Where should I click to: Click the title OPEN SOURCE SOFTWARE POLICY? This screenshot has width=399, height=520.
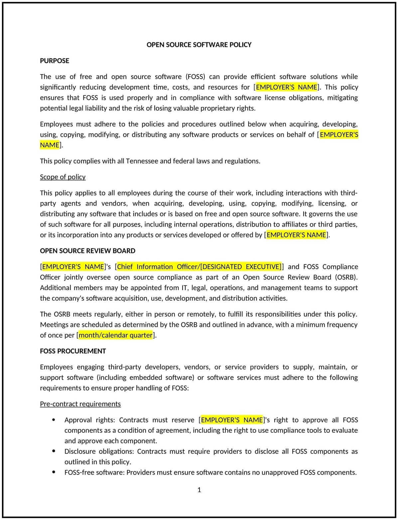click(x=199, y=45)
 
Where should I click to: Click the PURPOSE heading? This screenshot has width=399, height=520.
click(x=55, y=61)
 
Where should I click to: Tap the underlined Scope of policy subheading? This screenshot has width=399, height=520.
click(x=63, y=177)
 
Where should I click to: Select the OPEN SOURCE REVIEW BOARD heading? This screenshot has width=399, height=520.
click(x=87, y=251)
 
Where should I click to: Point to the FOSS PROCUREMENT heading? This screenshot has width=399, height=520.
click(x=73, y=351)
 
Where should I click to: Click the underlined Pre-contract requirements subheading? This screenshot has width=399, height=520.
click(x=80, y=404)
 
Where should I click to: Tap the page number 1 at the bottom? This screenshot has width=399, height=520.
click(x=199, y=490)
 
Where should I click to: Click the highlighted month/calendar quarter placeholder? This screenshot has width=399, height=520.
click(x=115, y=335)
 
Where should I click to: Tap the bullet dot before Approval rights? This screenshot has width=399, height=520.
click(x=54, y=420)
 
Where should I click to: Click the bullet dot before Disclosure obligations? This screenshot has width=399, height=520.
click(x=54, y=451)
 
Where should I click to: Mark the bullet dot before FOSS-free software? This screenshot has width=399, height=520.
click(x=54, y=472)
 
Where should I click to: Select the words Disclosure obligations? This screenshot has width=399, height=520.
click(x=99, y=451)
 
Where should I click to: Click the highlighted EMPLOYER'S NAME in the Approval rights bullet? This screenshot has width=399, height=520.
click(x=232, y=420)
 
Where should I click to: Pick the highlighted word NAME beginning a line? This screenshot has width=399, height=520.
click(x=50, y=145)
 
